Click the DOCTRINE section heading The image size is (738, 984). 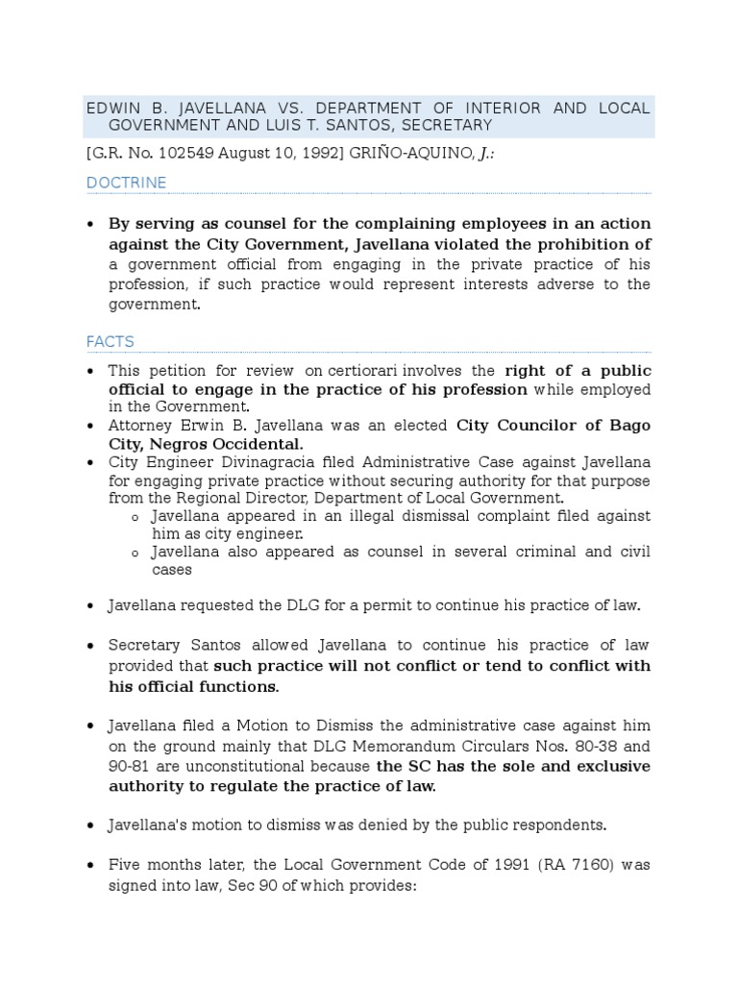pyautogui.click(x=126, y=183)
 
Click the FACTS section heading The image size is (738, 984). pyautogui.click(x=110, y=341)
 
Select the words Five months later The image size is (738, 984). pyautogui.click(x=167, y=865)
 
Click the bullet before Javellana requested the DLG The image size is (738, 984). pyautogui.click(x=90, y=606)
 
